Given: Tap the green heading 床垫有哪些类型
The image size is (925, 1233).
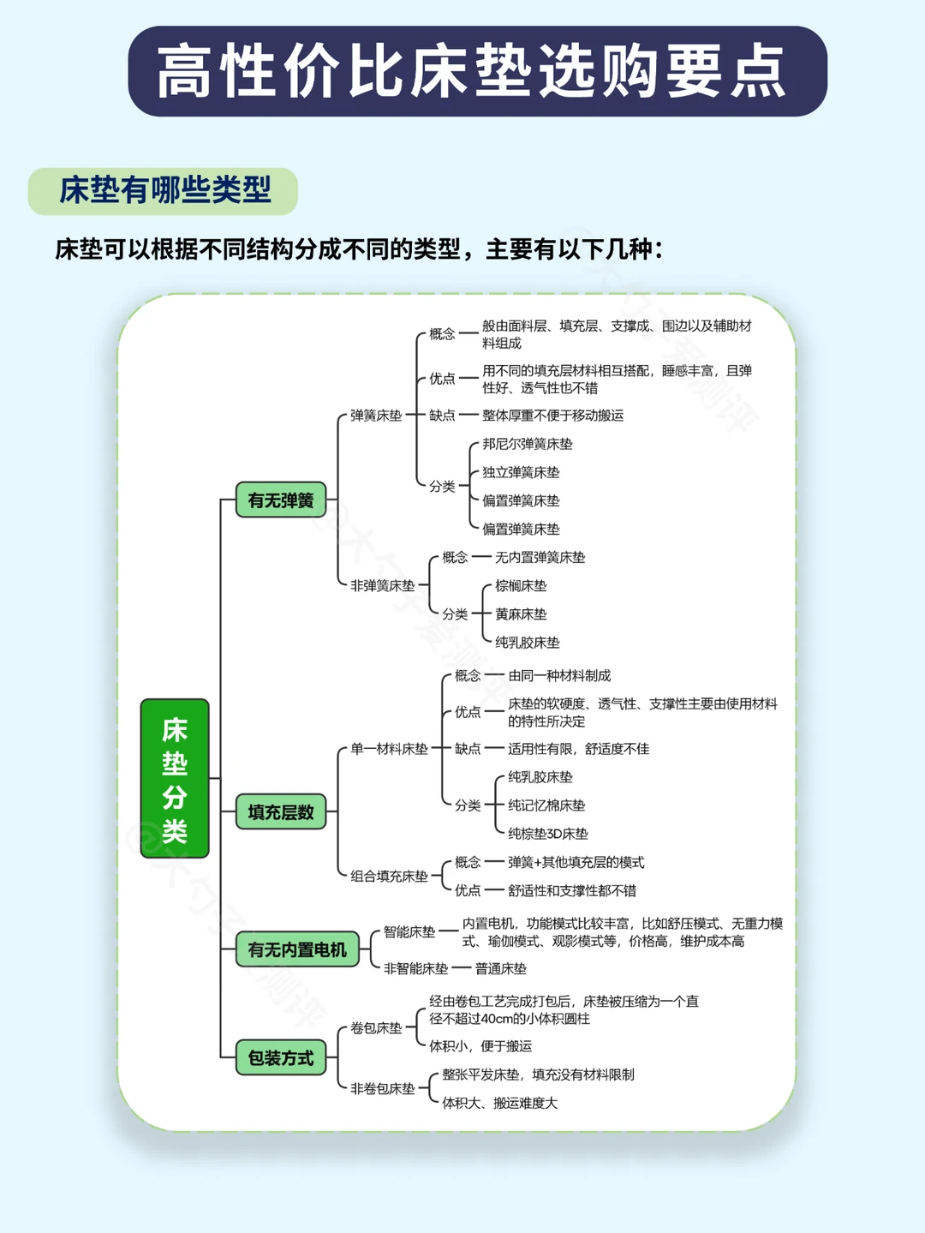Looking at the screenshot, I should click(164, 190).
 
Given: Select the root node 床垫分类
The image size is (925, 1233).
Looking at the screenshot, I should click(175, 778).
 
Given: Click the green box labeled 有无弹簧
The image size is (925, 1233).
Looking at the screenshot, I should click(281, 500).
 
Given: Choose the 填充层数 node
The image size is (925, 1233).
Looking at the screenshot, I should click(281, 811).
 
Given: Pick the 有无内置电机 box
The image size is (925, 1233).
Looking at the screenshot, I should click(297, 949).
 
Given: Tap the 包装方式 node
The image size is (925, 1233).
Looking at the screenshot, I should click(281, 1057).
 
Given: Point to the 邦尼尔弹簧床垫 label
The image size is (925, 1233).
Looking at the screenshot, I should click(527, 444).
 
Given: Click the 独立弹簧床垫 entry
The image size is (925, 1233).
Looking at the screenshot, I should click(520, 472).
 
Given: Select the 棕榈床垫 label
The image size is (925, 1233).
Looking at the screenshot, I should click(520, 586).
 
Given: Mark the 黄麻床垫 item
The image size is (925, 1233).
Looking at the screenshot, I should click(520, 614).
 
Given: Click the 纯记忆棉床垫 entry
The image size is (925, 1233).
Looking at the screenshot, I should click(546, 805).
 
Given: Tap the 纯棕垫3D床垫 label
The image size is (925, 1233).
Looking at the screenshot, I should click(547, 834).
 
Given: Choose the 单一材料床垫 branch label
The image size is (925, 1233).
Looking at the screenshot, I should click(389, 749).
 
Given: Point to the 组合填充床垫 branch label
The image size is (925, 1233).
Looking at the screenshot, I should click(389, 876).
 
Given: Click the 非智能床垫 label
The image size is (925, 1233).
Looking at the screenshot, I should click(415, 968).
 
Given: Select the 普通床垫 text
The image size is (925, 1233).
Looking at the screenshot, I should click(500, 968).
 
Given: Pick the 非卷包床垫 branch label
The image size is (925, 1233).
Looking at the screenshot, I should click(382, 1088).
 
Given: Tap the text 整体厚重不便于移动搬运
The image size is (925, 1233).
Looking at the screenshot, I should click(552, 416).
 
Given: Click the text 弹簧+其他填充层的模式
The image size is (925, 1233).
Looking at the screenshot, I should click(576, 862).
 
